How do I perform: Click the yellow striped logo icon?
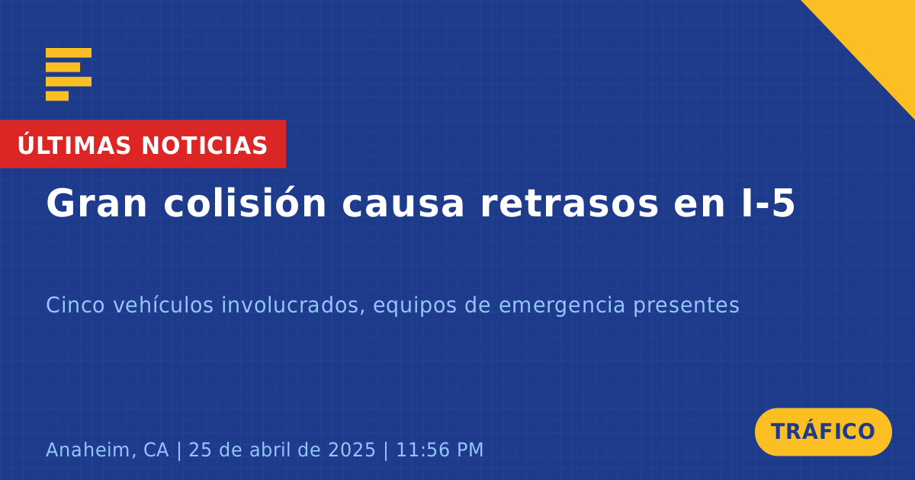click(x=69, y=75)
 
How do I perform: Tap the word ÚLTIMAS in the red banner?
click(x=74, y=144)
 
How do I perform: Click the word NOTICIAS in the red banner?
click(x=204, y=146)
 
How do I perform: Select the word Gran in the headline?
click(x=96, y=203)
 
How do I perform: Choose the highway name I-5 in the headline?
click(x=769, y=203)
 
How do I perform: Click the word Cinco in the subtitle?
click(x=75, y=305)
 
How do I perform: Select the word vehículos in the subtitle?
click(x=163, y=305)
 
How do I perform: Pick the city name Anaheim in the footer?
click(x=91, y=450)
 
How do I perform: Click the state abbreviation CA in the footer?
click(x=156, y=450)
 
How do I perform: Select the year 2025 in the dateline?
click(x=352, y=450)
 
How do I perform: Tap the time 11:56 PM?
click(x=439, y=450)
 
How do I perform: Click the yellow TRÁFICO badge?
click(x=823, y=431)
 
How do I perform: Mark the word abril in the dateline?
click(x=273, y=450)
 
